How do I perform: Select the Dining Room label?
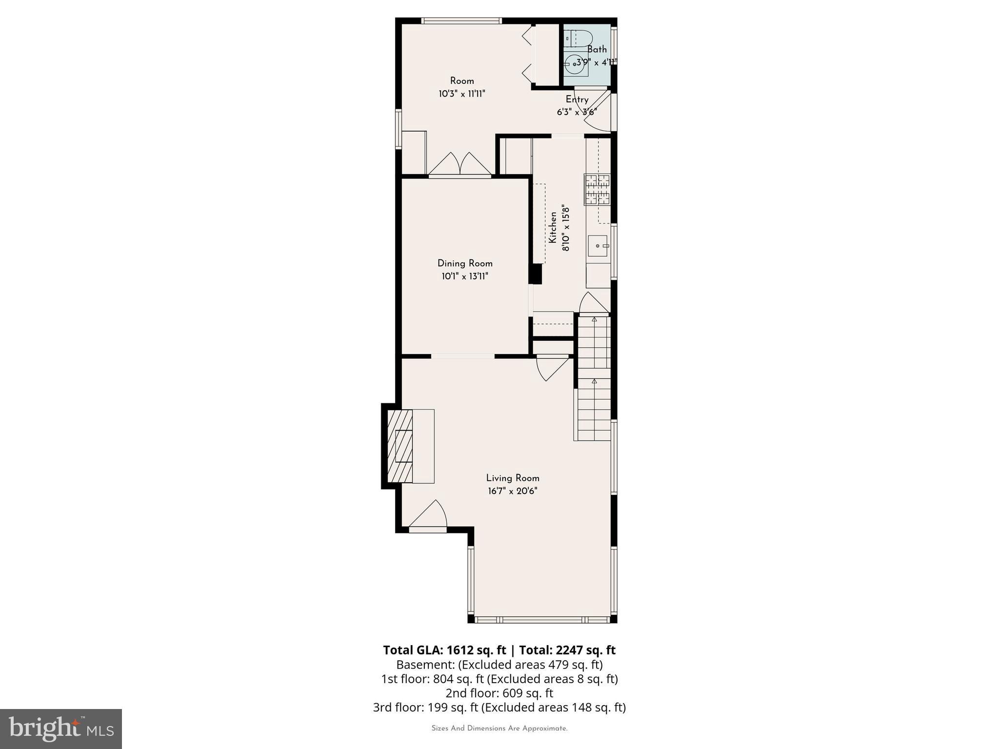(x=465, y=263)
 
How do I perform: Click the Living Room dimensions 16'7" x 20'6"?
(x=512, y=491)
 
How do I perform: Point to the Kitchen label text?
(x=553, y=227)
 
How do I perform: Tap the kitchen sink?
(x=598, y=245)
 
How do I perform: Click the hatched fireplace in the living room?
(x=400, y=446)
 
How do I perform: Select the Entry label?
(x=577, y=99)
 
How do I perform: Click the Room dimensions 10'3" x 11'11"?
(x=461, y=94)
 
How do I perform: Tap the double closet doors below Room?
(x=460, y=164)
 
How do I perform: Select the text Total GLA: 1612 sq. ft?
(x=444, y=650)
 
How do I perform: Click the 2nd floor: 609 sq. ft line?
(x=499, y=693)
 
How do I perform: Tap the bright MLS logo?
(x=61, y=729)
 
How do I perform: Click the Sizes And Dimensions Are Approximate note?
(x=499, y=729)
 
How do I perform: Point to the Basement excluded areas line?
(x=499, y=665)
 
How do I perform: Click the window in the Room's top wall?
(x=461, y=21)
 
